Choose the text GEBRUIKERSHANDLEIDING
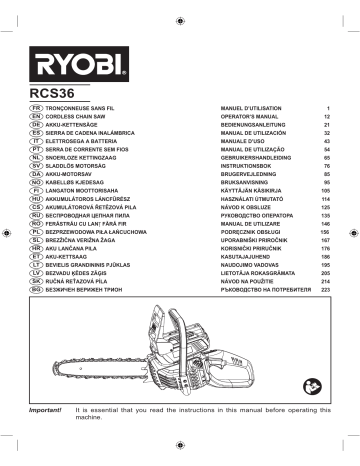[260, 159]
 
